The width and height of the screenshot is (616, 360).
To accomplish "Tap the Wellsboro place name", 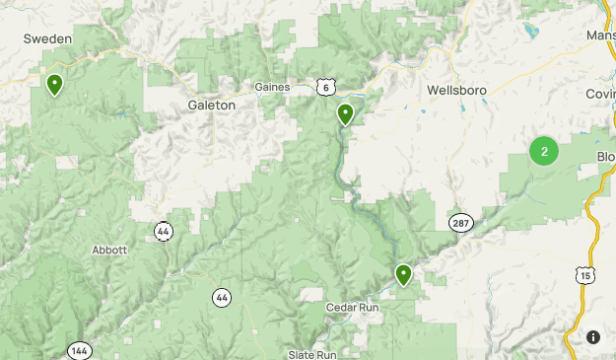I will click(459, 90).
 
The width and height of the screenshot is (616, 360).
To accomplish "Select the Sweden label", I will click(48, 38).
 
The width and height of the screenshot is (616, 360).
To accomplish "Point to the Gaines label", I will click(272, 87).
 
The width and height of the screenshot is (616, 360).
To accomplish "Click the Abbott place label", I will click(109, 250).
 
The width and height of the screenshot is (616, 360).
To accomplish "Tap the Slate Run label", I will click(313, 354).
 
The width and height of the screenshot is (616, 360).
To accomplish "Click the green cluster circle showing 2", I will click(543, 152).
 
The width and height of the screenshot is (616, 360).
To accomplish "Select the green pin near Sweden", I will click(55, 84).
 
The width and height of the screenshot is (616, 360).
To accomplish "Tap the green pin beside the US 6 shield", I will click(345, 114).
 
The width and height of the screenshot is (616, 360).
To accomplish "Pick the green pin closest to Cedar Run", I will click(403, 273).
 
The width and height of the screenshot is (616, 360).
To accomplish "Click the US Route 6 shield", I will click(325, 88).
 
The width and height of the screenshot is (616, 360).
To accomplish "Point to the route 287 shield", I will click(460, 223).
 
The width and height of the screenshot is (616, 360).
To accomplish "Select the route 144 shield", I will click(80, 350).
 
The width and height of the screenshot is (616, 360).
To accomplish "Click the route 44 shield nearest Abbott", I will click(164, 231).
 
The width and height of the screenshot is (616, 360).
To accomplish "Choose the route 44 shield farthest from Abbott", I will click(222, 296).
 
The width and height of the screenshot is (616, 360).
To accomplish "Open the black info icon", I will click(593, 337).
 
